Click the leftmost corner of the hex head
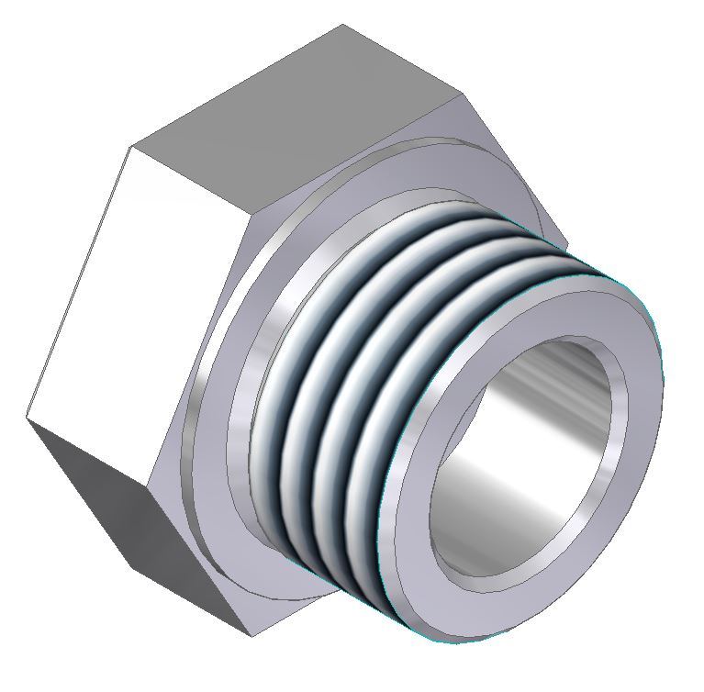pyautogui.click(x=26, y=418)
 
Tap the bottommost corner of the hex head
pyautogui.click(x=250, y=636)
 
